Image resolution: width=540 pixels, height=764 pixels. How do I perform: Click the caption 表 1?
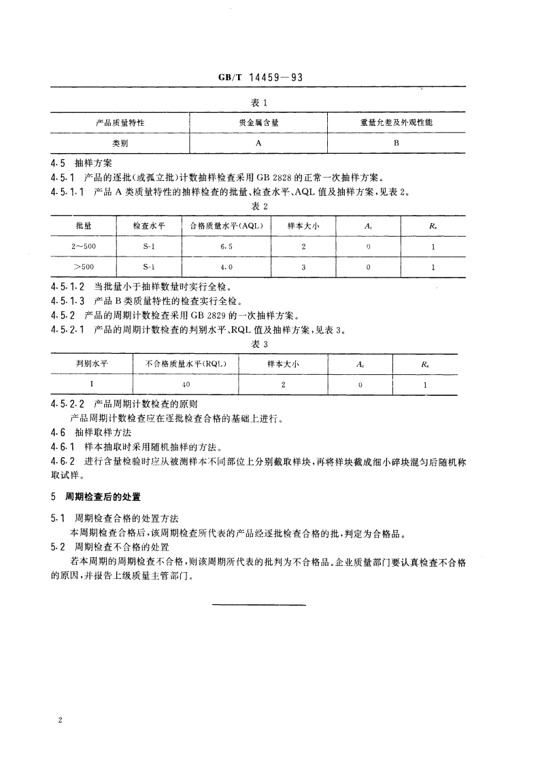[x=261, y=101]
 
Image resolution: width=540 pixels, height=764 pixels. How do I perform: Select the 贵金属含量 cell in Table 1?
[x=258, y=122]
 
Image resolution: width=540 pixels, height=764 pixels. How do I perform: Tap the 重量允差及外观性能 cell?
[x=396, y=122]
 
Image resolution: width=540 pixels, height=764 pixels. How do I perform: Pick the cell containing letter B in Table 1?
[x=396, y=144]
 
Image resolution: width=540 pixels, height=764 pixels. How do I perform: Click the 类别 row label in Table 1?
[x=120, y=144]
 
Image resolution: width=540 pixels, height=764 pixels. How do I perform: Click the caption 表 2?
[x=261, y=206]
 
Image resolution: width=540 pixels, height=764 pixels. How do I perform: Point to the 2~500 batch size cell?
[x=84, y=247]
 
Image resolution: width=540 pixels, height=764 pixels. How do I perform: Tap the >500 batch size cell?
[x=84, y=267]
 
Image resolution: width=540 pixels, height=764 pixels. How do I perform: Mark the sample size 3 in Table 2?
[x=303, y=267]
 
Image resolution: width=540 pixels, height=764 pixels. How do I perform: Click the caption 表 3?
[x=261, y=344]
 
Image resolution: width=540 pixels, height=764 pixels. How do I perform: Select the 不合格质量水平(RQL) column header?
[x=186, y=364]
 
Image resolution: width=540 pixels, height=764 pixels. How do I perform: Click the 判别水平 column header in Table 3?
[x=92, y=364]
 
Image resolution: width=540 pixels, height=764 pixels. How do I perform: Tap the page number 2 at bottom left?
[x=61, y=720]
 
